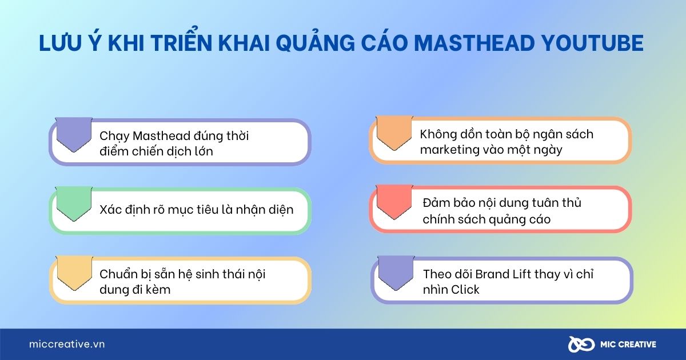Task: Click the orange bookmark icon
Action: click(394, 133)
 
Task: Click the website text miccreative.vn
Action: click(67, 344)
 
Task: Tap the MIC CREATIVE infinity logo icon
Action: click(579, 344)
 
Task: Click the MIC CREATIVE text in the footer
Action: click(628, 344)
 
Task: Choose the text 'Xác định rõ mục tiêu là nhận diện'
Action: click(196, 210)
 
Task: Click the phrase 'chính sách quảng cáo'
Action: click(486, 219)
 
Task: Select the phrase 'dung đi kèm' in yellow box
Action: click(135, 290)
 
